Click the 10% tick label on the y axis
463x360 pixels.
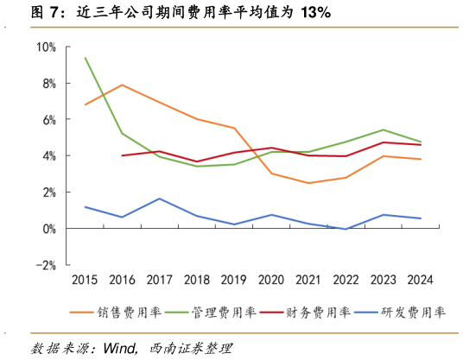(46, 47)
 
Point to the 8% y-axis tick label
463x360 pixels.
(48, 84)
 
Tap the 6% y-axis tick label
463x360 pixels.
(48, 120)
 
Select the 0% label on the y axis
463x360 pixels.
(48, 229)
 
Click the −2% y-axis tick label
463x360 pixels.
(46, 265)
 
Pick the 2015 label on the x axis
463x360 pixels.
(85, 280)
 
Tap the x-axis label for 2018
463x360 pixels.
(197, 280)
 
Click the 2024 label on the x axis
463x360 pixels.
(421, 280)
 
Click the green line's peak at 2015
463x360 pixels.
(85, 58)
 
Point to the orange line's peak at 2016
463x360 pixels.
(122, 85)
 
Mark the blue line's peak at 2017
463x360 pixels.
(160, 199)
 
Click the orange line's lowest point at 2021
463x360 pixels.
(309, 183)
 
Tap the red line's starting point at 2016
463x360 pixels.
(122, 155)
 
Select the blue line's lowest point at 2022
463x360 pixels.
(346, 229)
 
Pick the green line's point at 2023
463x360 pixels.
(384, 129)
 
